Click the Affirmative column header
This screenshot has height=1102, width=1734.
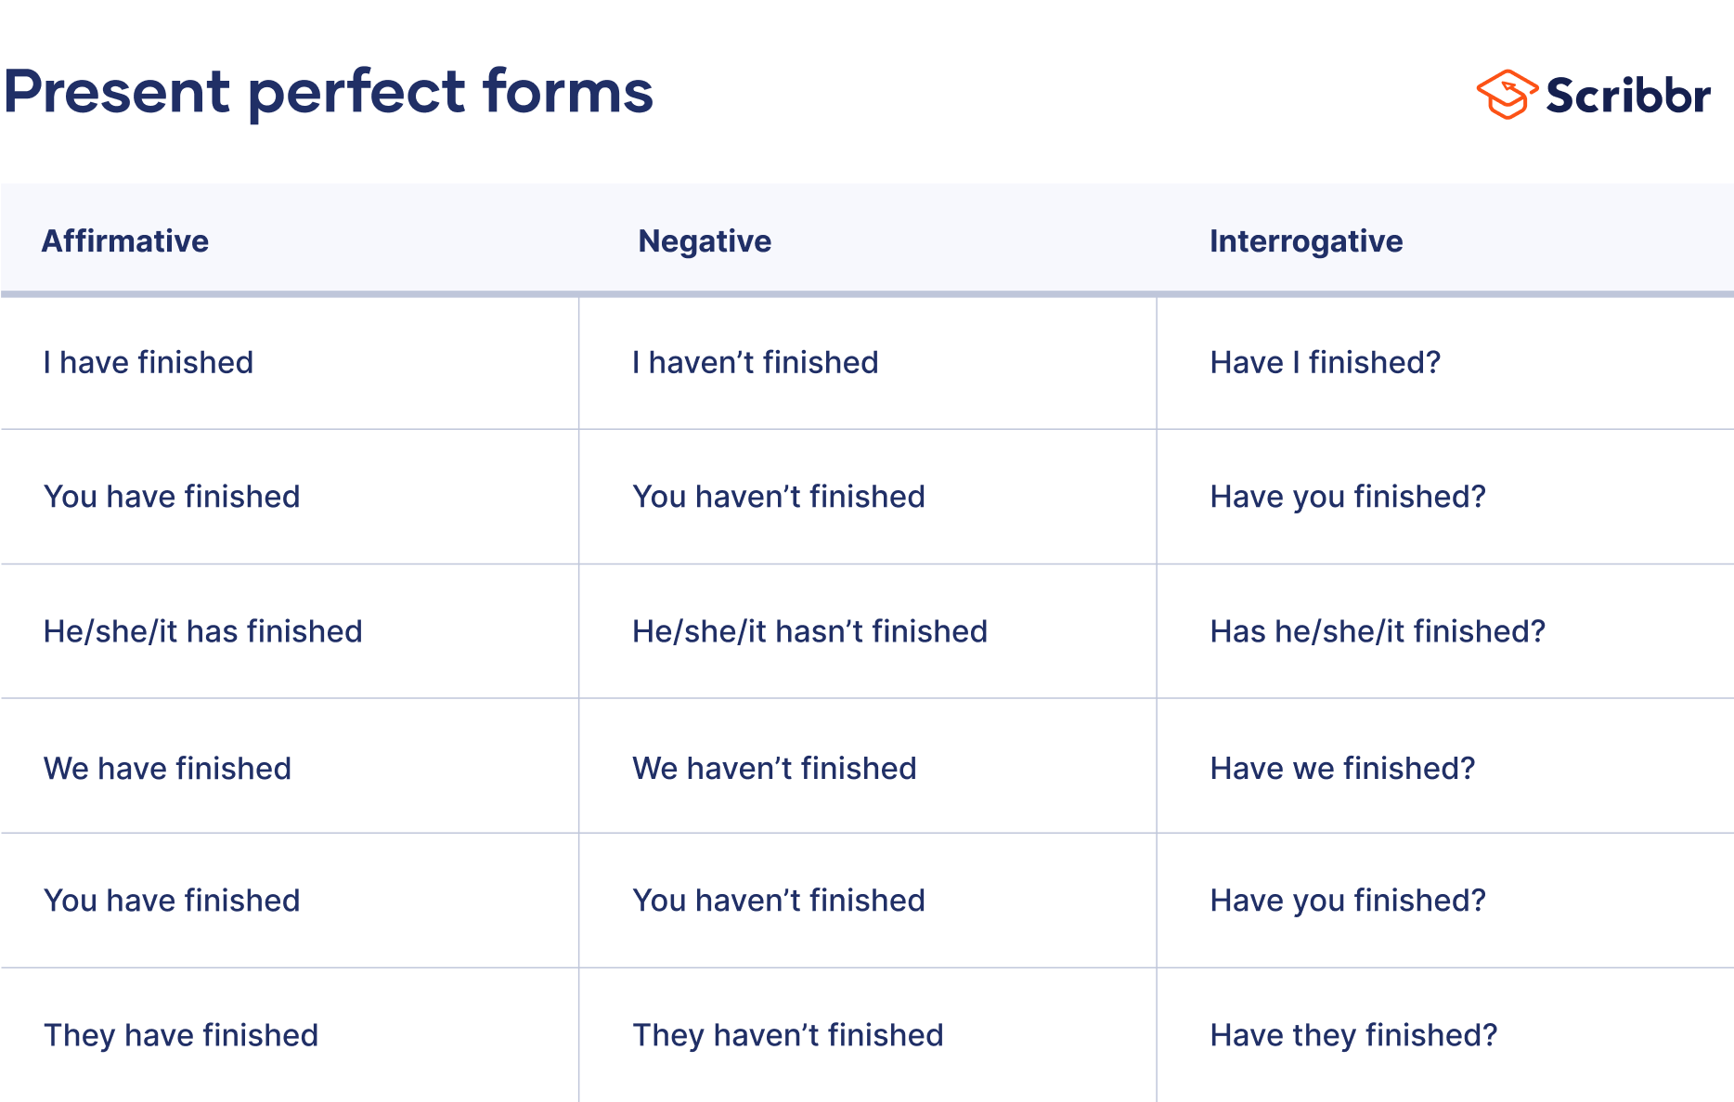pos(125,241)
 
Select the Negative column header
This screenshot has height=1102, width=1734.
pos(705,241)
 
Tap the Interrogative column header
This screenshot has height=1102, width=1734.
pos(1305,241)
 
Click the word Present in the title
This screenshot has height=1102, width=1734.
pos(117,92)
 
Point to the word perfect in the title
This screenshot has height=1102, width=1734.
pos(357,94)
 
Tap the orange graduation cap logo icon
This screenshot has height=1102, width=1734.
pos(1506,95)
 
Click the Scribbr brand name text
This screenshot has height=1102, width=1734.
pos(1628,96)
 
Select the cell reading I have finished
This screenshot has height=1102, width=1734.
pos(149,362)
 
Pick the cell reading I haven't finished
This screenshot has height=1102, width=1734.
pos(755,362)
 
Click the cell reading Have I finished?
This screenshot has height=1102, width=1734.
pos(1325,362)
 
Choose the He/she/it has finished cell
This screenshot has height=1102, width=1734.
pos(202,631)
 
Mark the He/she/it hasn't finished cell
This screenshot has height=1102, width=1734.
pos(809,631)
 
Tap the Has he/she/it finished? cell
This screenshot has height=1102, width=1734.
pos(1378,631)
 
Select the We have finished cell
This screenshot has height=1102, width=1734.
pos(167,769)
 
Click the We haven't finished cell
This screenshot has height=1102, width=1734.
pos(774,769)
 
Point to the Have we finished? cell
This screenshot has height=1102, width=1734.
pos(1342,769)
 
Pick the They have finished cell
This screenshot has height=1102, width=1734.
pos(181,1035)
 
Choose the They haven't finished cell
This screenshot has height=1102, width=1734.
pos(787,1035)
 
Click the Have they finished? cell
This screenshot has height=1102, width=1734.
pos(1353,1035)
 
